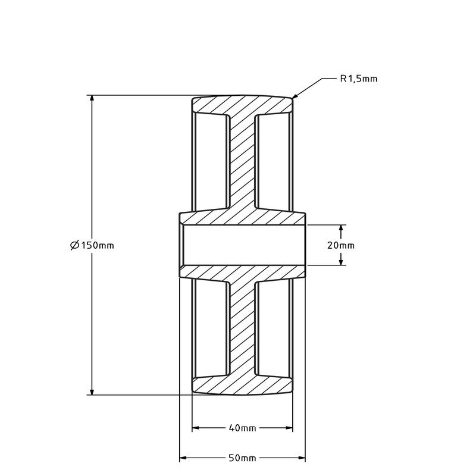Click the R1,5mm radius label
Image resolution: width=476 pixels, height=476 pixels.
(x=359, y=79)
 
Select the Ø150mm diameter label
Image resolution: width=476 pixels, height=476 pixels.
(x=92, y=245)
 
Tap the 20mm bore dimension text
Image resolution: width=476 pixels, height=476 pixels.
(x=340, y=245)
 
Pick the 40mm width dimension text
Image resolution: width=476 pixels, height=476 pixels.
(x=242, y=428)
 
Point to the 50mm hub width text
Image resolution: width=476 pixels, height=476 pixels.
(x=242, y=458)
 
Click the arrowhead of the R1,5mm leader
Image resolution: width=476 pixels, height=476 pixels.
(x=295, y=96)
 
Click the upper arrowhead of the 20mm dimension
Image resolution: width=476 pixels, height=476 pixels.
(x=341, y=228)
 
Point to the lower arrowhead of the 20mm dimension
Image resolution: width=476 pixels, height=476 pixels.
(x=341, y=261)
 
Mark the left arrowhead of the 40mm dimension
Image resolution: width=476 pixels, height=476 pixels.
(x=196, y=428)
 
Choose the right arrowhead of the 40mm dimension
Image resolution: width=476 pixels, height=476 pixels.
(x=289, y=428)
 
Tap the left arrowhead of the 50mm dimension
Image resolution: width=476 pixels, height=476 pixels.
(x=183, y=458)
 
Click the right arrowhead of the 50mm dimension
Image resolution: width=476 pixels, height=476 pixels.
(x=302, y=458)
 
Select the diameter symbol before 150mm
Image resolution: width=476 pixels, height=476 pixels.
(x=75, y=245)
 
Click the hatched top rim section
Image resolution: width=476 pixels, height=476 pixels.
(x=242, y=105)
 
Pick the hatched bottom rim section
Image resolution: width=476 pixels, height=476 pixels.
(x=242, y=385)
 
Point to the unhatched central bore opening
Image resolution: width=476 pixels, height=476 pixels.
(x=242, y=245)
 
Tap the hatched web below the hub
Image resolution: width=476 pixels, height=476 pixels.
(x=242, y=328)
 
